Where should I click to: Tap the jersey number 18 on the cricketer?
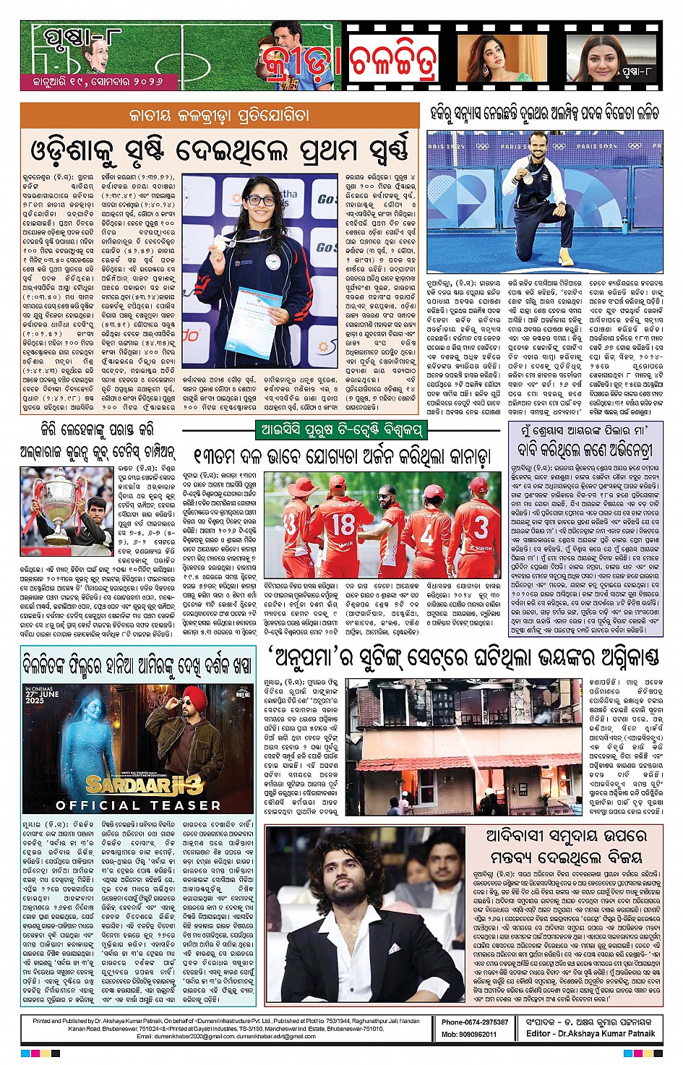point(343,524)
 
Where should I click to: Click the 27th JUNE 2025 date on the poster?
point(42,696)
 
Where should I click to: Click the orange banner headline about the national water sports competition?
point(218,116)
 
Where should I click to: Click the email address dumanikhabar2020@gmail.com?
point(186,1036)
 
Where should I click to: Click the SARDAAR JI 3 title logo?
point(144,784)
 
